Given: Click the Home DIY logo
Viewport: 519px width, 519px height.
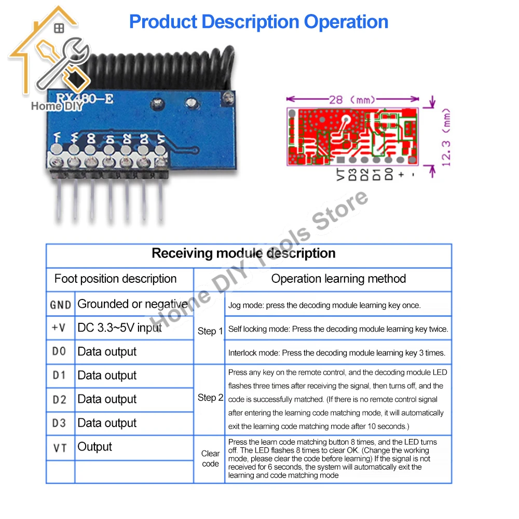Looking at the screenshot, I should (x=49, y=62).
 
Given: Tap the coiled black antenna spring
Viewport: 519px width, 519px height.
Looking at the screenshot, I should (x=156, y=67).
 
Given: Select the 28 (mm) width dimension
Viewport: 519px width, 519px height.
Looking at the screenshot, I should (x=353, y=99).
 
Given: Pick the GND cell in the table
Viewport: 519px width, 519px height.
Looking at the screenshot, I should (x=60, y=305).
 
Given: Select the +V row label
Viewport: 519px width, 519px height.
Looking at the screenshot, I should (x=60, y=328).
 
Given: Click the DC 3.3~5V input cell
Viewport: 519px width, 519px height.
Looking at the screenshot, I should (x=119, y=328).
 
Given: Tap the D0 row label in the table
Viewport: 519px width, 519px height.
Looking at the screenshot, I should (x=60, y=352).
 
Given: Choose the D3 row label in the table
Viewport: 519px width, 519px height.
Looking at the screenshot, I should (x=60, y=424).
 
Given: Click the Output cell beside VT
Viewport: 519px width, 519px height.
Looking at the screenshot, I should (x=94, y=447).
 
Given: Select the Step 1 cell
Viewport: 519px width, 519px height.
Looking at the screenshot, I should (x=210, y=331).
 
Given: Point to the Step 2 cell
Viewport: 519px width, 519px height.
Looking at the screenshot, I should (x=210, y=398).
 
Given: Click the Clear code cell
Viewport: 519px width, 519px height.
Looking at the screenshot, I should (x=210, y=458).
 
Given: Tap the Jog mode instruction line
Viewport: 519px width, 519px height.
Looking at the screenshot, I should (x=324, y=305).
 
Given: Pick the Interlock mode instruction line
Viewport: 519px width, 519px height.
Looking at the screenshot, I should (x=336, y=353).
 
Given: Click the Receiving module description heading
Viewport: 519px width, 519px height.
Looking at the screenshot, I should (x=243, y=253).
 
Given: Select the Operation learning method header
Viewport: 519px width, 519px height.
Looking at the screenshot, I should (x=338, y=279).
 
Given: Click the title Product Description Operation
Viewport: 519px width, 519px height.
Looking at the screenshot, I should (x=258, y=22).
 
